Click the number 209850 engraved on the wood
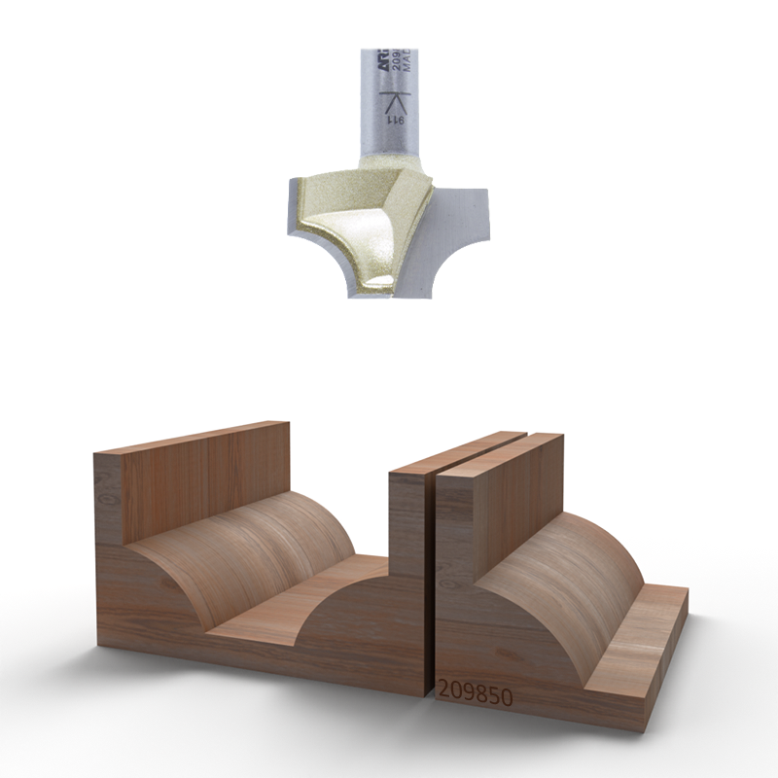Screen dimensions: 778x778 coord(475,691)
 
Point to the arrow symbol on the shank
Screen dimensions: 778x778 coord(396,100)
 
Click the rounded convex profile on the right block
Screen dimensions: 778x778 coord(554,583)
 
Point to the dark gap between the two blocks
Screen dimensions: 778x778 coord(430,583)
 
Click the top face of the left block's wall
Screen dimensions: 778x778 coord(194,438)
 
